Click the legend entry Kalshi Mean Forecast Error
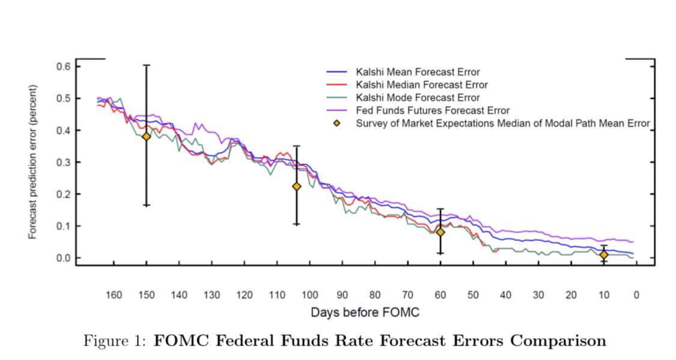point(418,73)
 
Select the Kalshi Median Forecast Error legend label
point(421,85)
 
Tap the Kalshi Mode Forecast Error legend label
point(418,98)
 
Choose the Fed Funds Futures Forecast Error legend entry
point(432,111)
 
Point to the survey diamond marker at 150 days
point(146,136)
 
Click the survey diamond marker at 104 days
point(296,186)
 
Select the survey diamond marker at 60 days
point(440,232)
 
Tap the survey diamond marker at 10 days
point(604,255)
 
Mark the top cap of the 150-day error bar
point(146,65)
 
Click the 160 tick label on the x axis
point(114,295)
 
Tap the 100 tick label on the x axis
point(309,295)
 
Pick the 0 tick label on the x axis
point(636,295)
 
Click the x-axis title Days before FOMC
point(364,313)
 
